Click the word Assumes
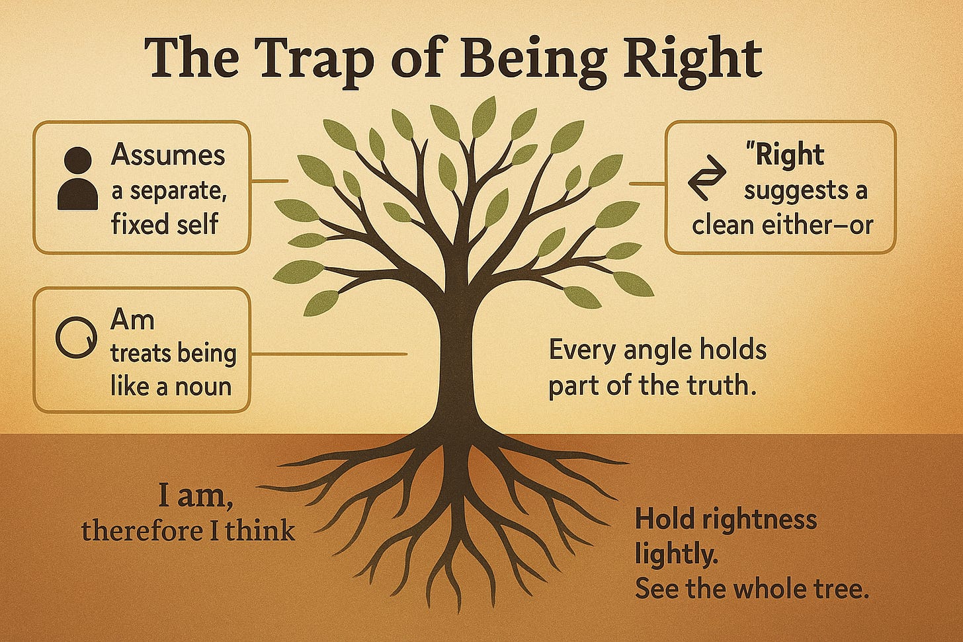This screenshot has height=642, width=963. (168, 155)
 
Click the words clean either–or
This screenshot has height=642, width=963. (782, 225)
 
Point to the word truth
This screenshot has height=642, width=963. (723, 385)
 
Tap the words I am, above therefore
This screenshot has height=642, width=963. (195, 495)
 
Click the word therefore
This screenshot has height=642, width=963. (140, 530)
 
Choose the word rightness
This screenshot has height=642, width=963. (756, 520)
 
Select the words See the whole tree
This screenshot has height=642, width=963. (751, 589)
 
